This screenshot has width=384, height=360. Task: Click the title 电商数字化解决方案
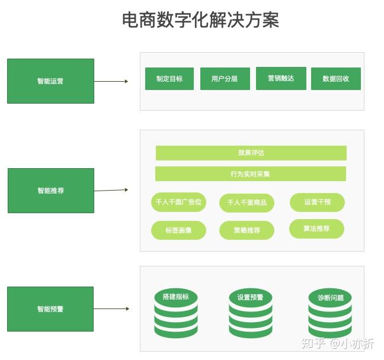(x=200, y=20)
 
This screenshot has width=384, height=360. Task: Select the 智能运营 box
(x=50, y=81)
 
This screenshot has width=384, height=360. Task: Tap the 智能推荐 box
(x=50, y=191)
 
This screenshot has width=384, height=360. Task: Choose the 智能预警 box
(x=50, y=309)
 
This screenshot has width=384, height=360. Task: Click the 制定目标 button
(x=169, y=79)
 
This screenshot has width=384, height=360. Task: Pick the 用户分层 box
(x=224, y=79)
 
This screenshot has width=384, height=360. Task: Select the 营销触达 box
(x=281, y=78)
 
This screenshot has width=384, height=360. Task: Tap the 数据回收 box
(x=335, y=79)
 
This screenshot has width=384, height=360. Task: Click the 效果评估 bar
(x=251, y=153)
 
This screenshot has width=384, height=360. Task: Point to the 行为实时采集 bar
(x=250, y=174)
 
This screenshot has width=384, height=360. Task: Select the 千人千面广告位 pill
(x=178, y=202)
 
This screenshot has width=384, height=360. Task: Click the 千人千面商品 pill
(x=247, y=202)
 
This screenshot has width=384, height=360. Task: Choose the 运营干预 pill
(x=317, y=202)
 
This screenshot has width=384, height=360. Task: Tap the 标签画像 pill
(x=178, y=230)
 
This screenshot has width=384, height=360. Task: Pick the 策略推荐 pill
(x=247, y=230)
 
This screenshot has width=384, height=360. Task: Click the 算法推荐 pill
(x=316, y=229)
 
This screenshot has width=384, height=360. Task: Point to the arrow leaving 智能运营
(x=111, y=81)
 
